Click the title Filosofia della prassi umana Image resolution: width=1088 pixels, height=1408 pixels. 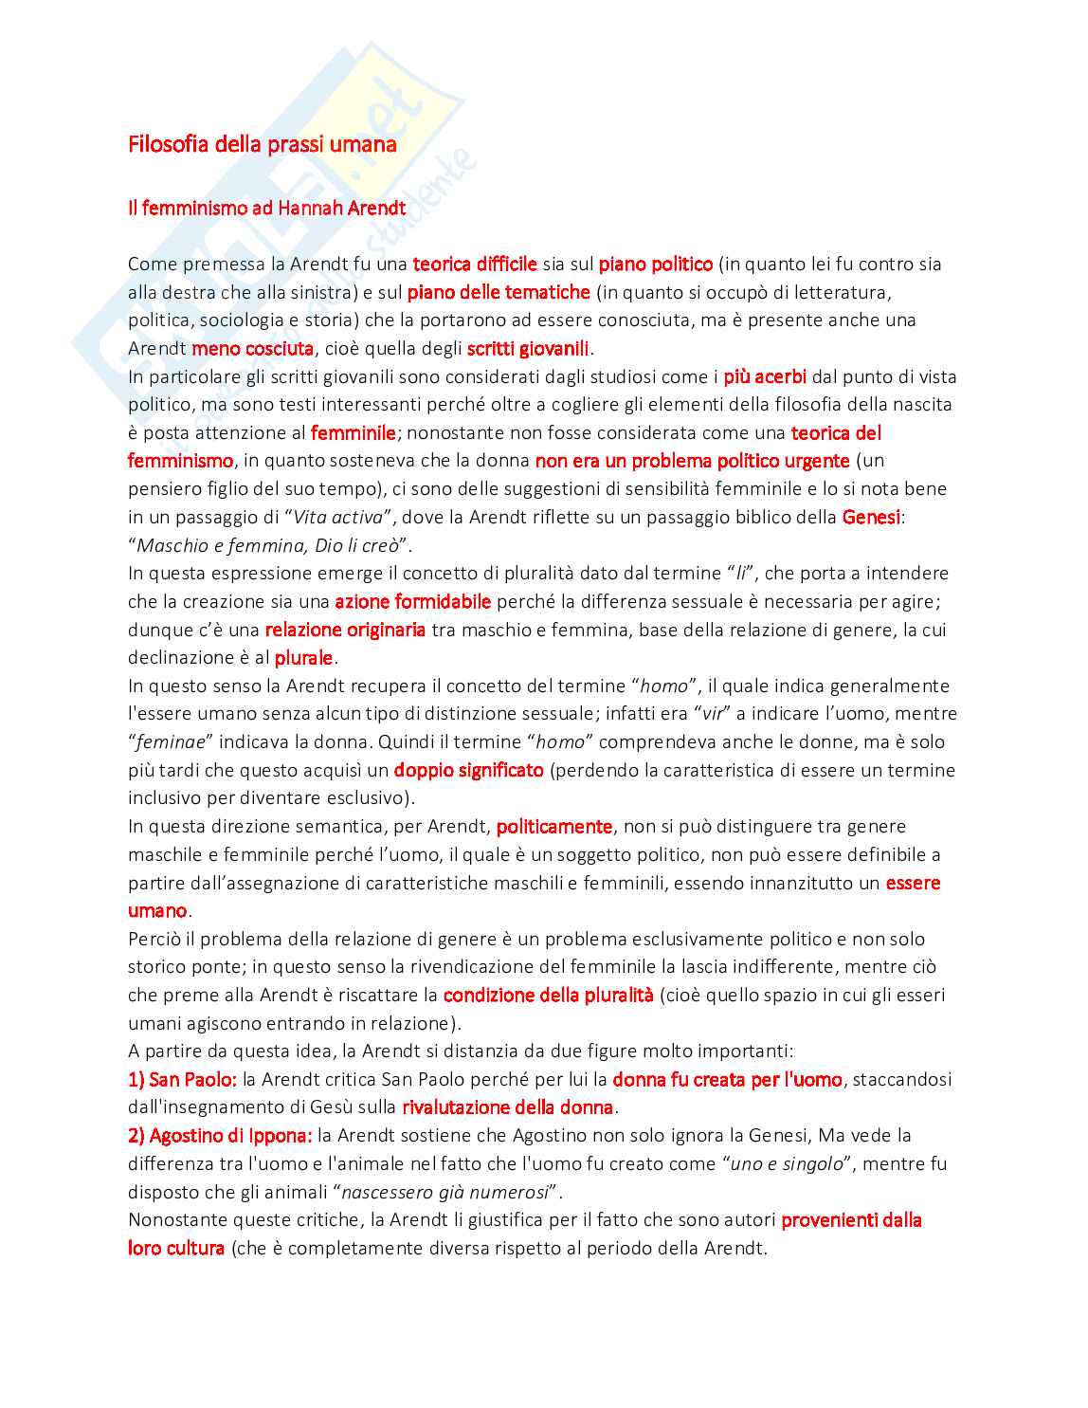click(x=262, y=145)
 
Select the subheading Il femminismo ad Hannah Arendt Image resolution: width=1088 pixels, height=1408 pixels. click(x=266, y=208)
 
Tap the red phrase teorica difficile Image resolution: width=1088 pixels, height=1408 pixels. click(x=475, y=264)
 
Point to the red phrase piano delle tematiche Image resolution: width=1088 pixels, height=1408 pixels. click(x=499, y=292)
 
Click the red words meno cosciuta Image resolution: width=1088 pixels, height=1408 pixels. click(x=252, y=349)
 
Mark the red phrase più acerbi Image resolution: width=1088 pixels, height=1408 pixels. click(x=764, y=376)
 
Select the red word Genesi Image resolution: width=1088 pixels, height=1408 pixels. click(x=871, y=517)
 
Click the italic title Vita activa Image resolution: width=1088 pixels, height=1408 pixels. click(x=338, y=518)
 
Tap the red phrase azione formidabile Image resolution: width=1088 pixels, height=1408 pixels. click(x=412, y=601)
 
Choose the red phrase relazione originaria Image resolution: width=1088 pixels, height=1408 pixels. click(x=345, y=630)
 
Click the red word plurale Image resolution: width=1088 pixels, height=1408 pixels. click(x=303, y=658)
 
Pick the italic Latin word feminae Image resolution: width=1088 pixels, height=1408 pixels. click(x=172, y=742)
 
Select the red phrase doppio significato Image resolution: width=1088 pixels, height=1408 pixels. click(x=468, y=770)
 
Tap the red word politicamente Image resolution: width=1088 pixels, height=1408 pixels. click(x=554, y=827)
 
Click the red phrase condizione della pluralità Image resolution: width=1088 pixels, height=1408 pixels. click(x=548, y=996)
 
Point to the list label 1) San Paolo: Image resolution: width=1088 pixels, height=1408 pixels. click(x=182, y=1079)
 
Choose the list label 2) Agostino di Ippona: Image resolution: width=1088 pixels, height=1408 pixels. click(x=219, y=1135)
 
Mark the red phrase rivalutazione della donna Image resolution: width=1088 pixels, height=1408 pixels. click(x=508, y=1107)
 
